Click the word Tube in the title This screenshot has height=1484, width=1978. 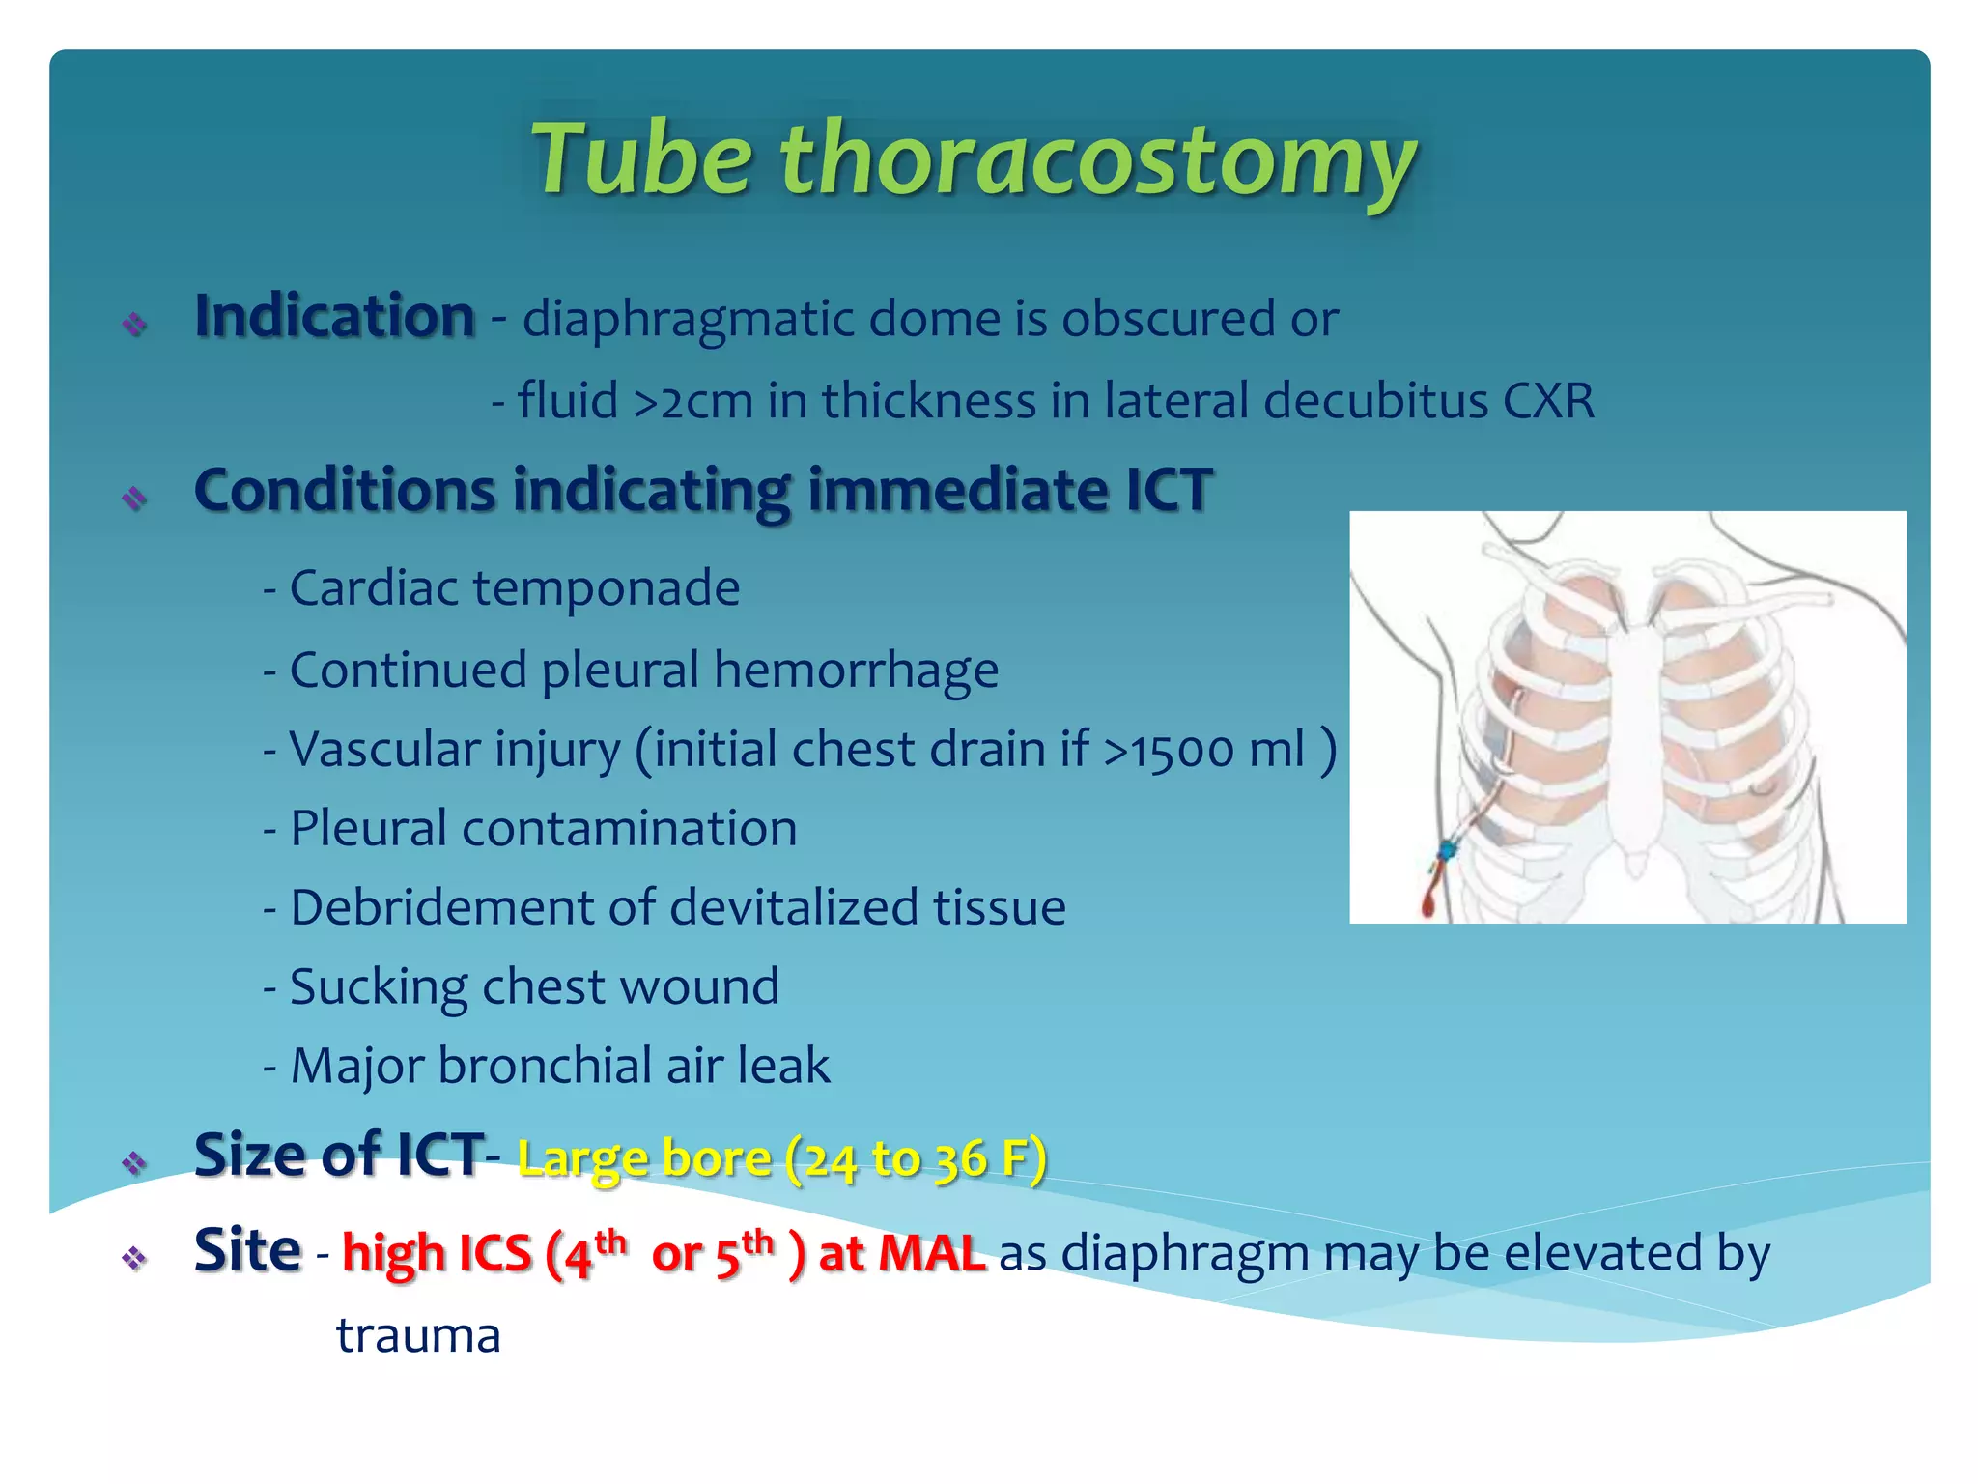coord(641,159)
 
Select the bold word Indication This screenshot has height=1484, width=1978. coord(334,317)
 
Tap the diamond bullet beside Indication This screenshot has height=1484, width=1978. coord(134,324)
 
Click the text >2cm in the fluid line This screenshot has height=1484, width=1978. coord(692,401)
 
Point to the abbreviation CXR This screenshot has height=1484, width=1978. coord(1548,401)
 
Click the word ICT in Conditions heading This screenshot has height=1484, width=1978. coord(1169,490)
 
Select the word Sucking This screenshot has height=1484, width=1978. coord(378,987)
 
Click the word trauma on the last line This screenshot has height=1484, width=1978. coord(417,1336)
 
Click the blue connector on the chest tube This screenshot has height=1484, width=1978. coord(1448,850)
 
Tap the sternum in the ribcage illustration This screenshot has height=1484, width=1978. coord(1634,734)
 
